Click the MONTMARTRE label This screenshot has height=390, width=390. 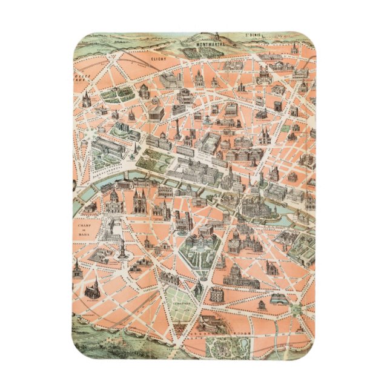pos(209,44)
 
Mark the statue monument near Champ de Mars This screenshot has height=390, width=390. pos(123,250)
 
